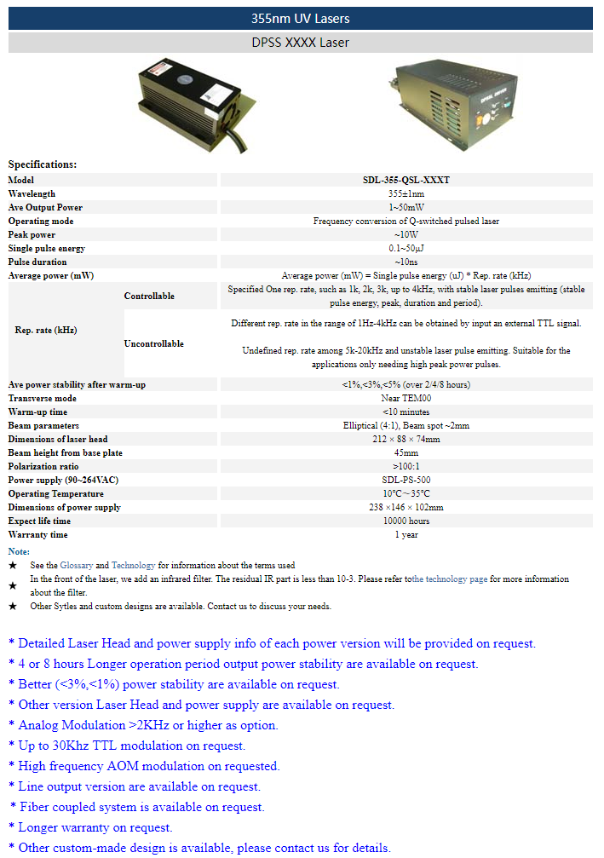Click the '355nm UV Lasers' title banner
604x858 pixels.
tap(300, 18)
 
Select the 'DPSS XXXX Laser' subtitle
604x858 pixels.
tap(300, 42)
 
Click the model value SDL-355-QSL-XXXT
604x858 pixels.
tap(406, 180)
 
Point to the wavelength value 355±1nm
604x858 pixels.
tap(406, 193)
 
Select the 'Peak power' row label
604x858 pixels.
tap(32, 234)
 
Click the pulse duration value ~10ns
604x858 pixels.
tap(406, 262)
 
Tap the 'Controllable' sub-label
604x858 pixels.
tap(149, 296)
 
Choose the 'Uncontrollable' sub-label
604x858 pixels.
tap(154, 343)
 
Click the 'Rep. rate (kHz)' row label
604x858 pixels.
tap(46, 330)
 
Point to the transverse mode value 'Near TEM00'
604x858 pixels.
tap(406, 398)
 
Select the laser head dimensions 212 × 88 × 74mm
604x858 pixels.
tap(406, 439)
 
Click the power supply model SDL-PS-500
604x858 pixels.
tap(406, 480)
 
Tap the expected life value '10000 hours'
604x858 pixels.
tap(406, 521)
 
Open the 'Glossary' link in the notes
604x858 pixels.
tap(76, 565)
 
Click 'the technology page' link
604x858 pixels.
tap(450, 579)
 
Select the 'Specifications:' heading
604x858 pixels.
tap(43, 164)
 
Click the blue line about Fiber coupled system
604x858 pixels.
tap(141, 807)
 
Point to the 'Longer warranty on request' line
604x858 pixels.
tap(95, 827)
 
